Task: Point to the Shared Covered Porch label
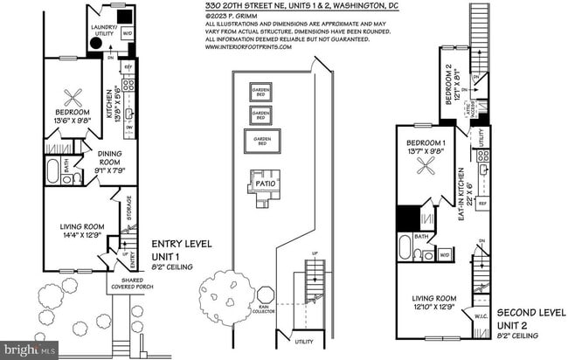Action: tap(127, 284)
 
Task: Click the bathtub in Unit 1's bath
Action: tap(52, 170)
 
